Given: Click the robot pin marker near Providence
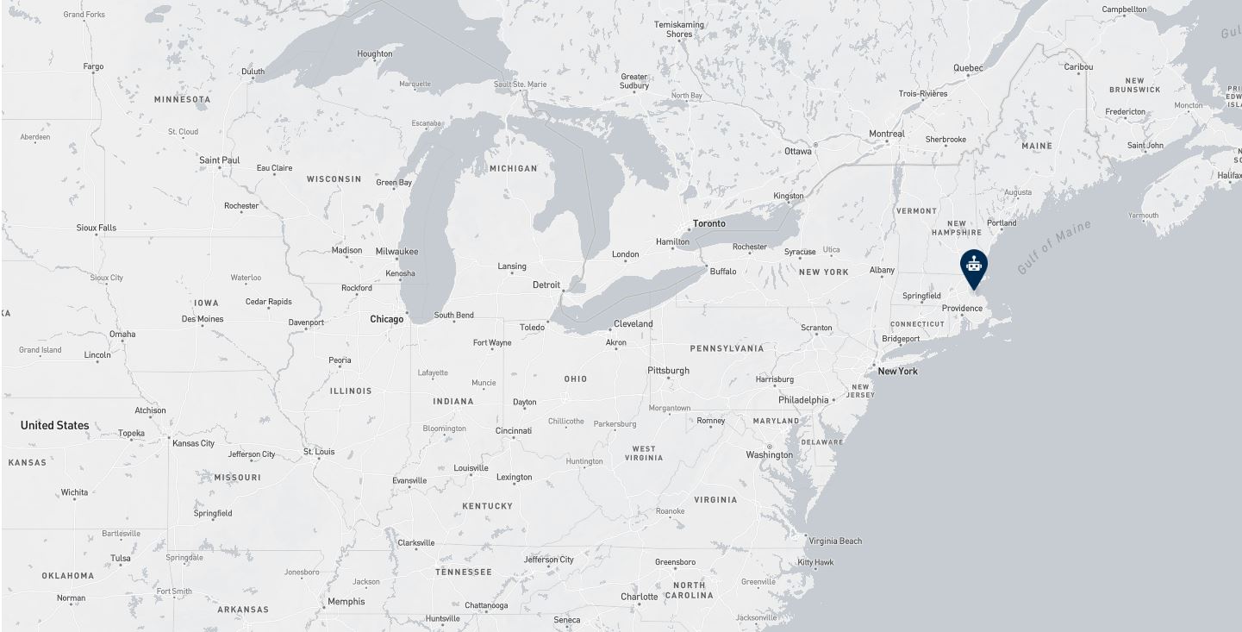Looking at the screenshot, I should point(973,266).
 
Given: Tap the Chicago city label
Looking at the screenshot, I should point(386,319).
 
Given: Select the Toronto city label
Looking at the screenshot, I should point(709,223).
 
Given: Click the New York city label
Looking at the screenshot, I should point(897,371).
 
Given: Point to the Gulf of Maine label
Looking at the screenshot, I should point(1054,247).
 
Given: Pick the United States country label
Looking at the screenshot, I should point(54,425).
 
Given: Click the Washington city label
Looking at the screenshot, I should point(769,454).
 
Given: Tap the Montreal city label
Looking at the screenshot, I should point(886,134).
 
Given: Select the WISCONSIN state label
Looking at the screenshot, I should point(334,179).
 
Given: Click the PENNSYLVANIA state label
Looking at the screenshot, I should point(727,348).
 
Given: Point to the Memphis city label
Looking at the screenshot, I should point(346,601).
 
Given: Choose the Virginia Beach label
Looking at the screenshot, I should point(835,541).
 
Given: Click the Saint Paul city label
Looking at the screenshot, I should point(219,160).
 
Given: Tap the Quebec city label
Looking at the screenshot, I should point(968,68).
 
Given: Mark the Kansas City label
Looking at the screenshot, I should point(193,443).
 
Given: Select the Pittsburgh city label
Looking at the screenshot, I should point(668,370).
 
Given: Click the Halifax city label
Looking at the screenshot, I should point(1229,175).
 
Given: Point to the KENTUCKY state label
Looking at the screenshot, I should point(487,506).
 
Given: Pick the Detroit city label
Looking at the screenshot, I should point(546,285).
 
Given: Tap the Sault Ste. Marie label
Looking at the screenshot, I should point(520,84).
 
